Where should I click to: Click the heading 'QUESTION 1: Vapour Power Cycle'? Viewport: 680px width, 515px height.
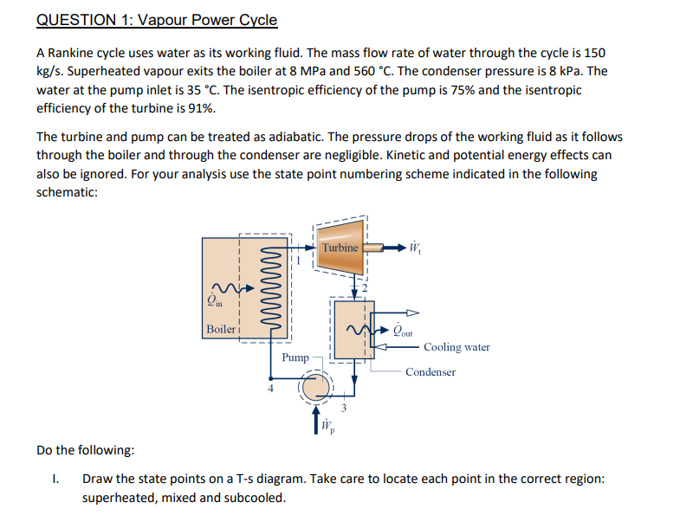click(157, 19)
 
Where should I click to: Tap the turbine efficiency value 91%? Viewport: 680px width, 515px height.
click(202, 108)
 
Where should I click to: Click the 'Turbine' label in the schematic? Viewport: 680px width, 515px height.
click(340, 248)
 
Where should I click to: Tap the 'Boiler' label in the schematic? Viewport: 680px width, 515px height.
click(220, 329)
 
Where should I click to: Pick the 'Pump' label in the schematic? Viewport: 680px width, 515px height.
click(295, 357)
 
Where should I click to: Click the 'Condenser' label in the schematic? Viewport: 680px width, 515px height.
click(430, 372)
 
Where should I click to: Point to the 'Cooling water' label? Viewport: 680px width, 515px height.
click(457, 347)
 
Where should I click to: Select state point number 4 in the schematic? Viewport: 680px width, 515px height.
click(269, 389)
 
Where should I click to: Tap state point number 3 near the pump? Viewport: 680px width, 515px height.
click(344, 408)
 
